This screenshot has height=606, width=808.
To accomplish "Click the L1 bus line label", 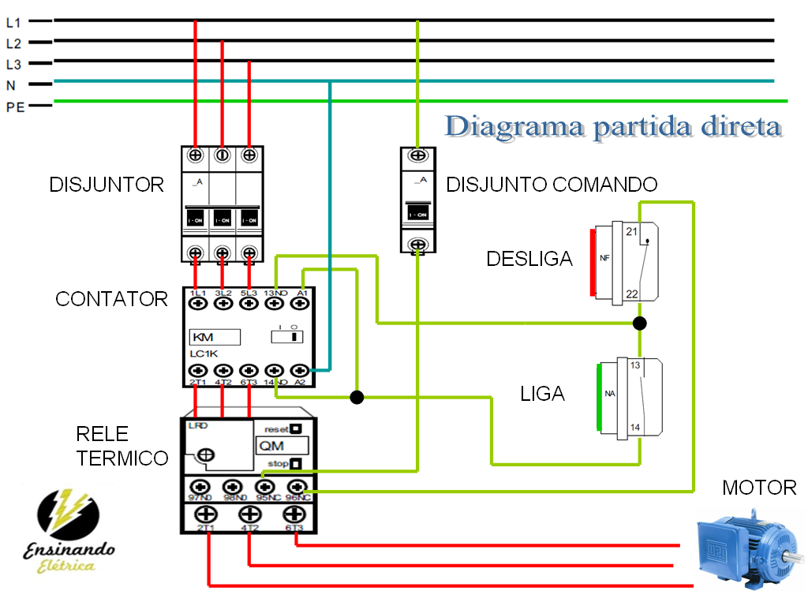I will [13, 24].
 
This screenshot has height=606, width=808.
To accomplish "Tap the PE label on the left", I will [15, 107].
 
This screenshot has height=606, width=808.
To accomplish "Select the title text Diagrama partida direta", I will [613, 126].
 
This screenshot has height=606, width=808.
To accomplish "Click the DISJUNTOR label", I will [107, 185].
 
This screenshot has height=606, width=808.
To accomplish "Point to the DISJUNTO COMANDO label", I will [552, 185].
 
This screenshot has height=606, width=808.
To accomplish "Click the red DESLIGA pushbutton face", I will [592, 261].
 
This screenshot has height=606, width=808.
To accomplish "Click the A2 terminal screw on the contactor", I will [300, 370].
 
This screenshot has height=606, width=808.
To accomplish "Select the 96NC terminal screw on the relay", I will [297, 487].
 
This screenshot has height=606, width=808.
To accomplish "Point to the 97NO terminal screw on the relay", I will [200, 487].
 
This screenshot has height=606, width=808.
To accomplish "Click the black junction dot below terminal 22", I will [640, 323].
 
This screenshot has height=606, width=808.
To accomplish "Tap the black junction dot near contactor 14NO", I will [357, 397].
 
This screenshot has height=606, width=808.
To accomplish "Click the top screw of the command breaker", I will [418, 155].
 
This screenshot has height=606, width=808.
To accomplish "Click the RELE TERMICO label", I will [122, 446].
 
